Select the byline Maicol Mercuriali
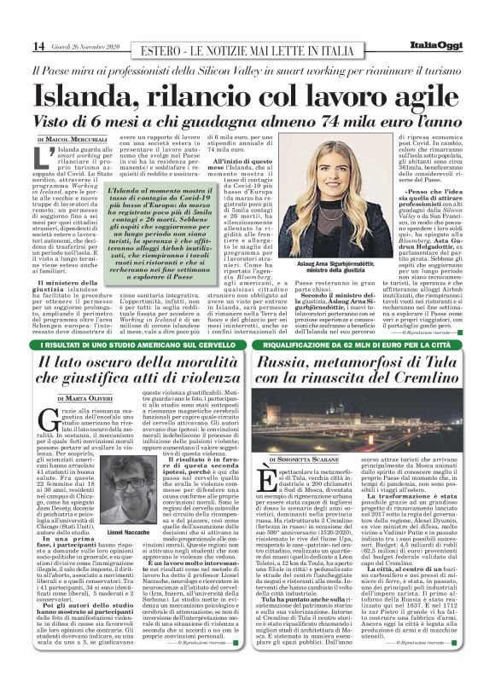[x=76, y=139]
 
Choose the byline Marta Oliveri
[x=86, y=398]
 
